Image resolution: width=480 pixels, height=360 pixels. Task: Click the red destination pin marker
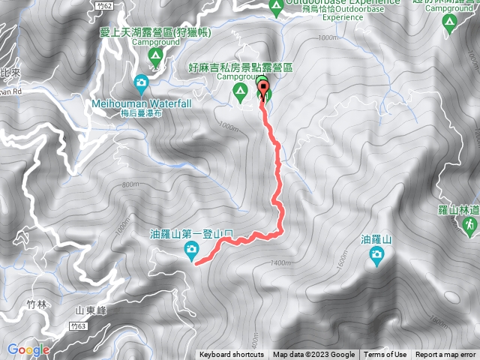click(264, 91)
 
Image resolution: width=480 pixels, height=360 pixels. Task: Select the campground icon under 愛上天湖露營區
click(155, 55)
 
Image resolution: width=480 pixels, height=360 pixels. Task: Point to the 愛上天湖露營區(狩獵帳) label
click(156, 32)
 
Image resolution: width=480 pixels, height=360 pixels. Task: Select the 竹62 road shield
click(104, 6)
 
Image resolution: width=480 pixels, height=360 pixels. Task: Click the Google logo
click(28, 349)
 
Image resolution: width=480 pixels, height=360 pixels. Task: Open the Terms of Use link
click(385, 355)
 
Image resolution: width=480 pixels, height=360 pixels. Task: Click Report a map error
click(445, 355)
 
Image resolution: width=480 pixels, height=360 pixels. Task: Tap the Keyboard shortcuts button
click(231, 355)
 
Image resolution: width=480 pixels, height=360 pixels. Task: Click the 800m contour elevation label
click(130, 184)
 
